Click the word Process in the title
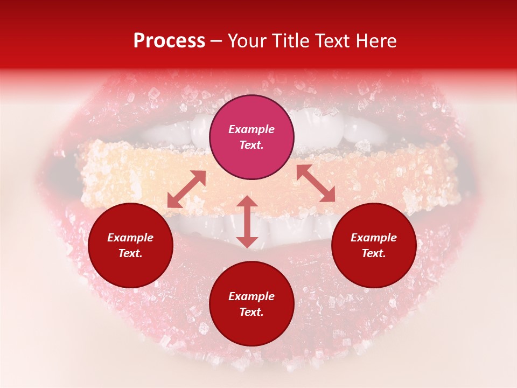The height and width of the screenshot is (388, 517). click(169, 41)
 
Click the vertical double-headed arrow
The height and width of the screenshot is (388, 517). click(247, 221)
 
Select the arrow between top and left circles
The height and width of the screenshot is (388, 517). click(186, 189)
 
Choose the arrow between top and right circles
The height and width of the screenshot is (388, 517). click(316, 184)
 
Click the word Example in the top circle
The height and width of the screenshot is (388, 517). click(251, 129)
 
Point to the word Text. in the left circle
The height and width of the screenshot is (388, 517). click(130, 253)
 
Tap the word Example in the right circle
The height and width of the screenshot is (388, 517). click(374, 238)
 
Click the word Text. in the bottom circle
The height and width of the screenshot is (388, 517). click(251, 312)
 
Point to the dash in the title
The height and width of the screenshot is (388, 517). click(216, 41)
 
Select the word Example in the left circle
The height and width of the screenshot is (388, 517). click(130, 238)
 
